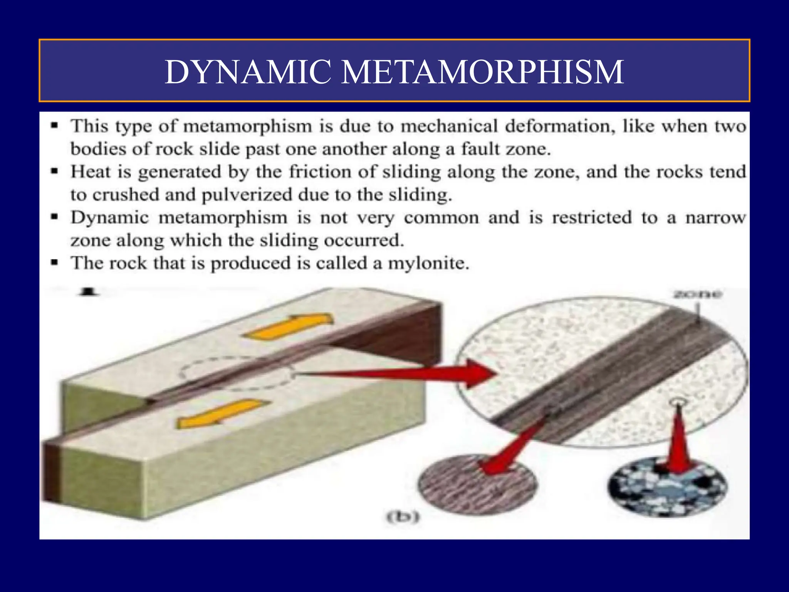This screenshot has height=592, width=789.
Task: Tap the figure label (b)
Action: (403, 517)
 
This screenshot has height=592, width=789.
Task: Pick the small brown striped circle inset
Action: (477, 485)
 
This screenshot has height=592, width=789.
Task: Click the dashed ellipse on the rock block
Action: (236, 373)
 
